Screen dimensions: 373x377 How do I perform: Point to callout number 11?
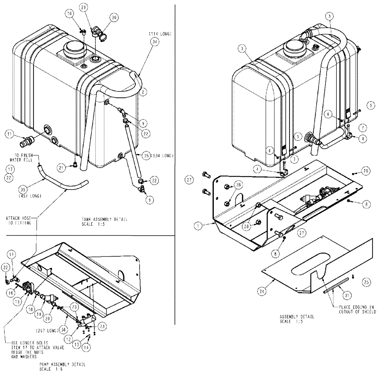click(x=9, y=133)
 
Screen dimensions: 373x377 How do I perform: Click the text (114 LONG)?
click(x=160, y=34)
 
